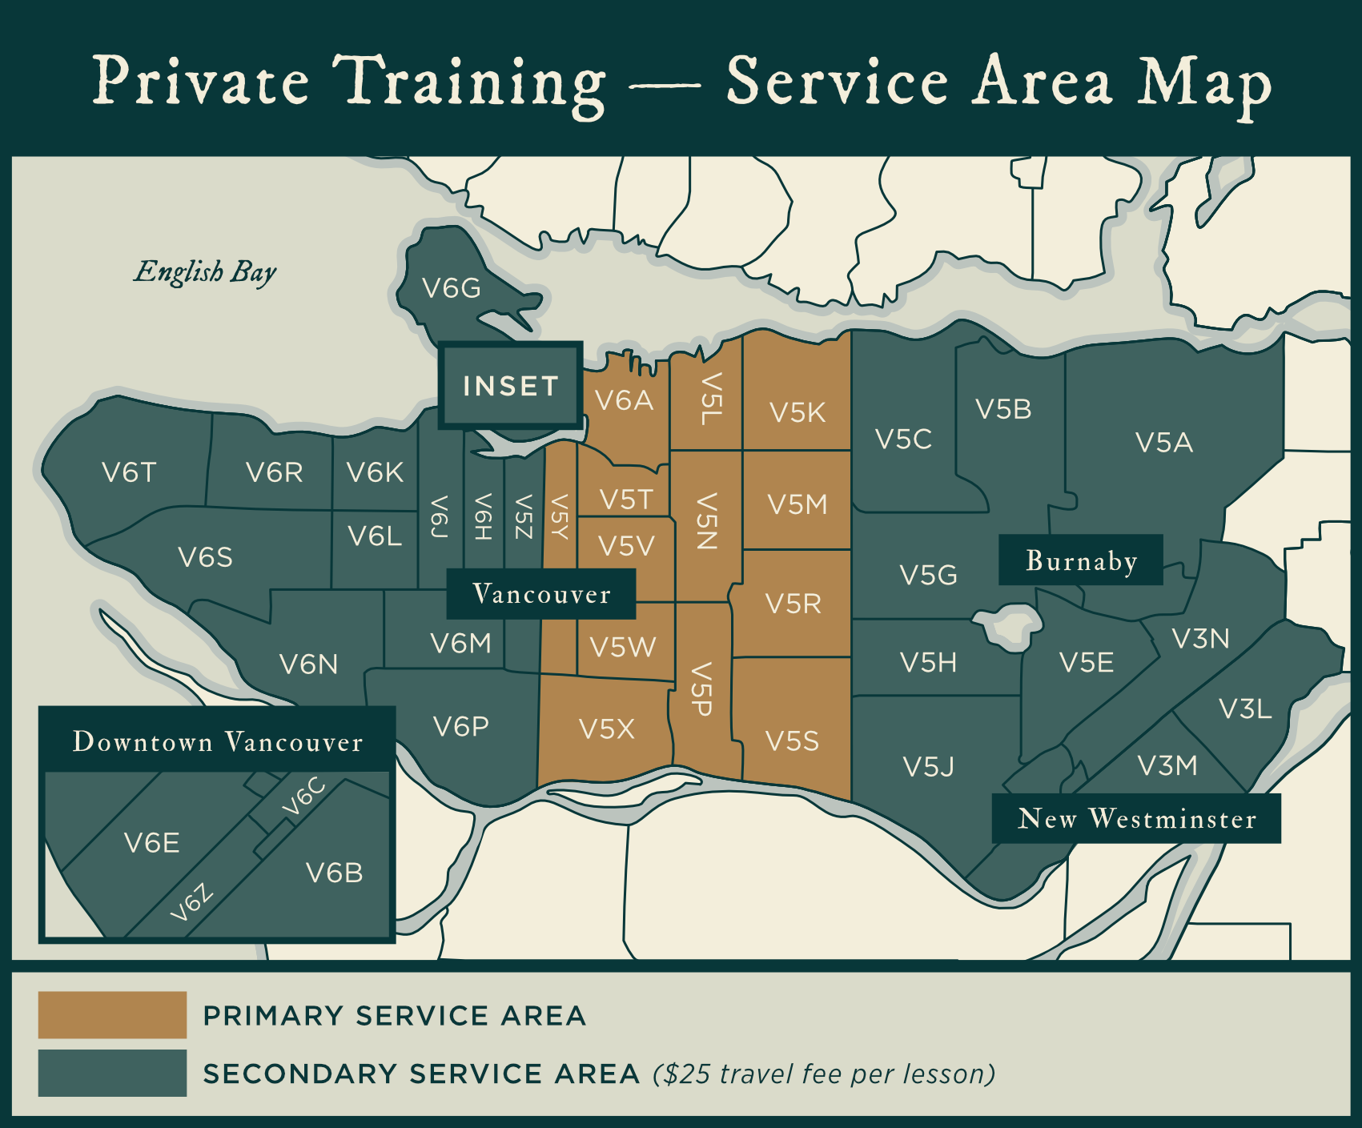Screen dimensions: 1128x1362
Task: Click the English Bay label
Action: (205, 272)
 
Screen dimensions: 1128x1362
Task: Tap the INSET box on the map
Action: (510, 386)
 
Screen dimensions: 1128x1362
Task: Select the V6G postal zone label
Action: (452, 288)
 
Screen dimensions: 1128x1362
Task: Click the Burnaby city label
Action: (1081, 560)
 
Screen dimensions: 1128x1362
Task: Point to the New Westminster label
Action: (1136, 818)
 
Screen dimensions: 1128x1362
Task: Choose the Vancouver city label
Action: (541, 594)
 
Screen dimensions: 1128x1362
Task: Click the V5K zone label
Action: (797, 412)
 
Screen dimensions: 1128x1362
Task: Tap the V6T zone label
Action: (129, 472)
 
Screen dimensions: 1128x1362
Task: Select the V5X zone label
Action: (606, 729)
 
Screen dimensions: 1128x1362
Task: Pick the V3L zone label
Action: (1245, 709)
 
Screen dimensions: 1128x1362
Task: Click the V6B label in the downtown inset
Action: (335, 873)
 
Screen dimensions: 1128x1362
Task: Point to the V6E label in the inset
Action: (152, 843)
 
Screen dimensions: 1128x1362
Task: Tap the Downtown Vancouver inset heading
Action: (218, 742)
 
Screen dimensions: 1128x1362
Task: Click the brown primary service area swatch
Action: (112, 1015)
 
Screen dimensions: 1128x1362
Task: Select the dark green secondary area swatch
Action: (112, 1073)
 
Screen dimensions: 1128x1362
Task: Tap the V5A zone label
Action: (1163, 442)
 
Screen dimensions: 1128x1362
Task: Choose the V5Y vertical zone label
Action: (560, 516)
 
